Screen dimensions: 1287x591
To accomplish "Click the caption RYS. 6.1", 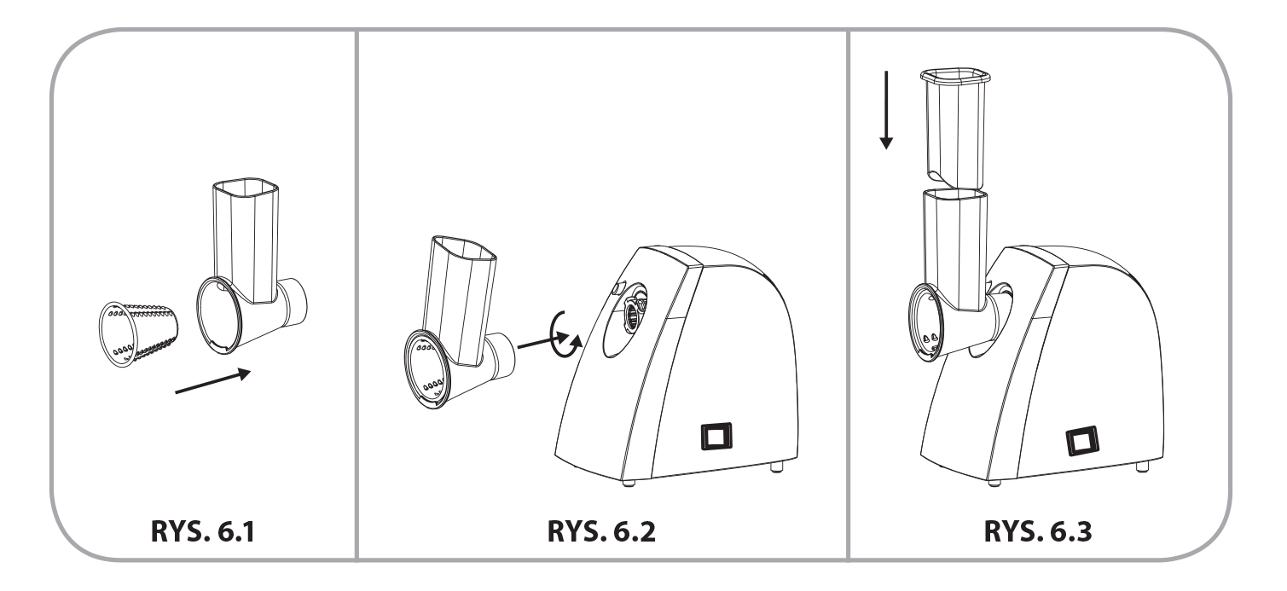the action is [202, 531].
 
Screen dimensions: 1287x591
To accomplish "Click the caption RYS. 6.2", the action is [601, 531].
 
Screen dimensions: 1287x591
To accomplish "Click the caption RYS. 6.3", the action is [1038, 531].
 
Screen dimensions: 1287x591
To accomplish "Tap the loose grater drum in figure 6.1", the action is [138, 333].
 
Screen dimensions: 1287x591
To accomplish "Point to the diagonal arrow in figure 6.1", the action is [213, 381].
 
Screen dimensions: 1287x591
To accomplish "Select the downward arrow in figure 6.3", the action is [886, 110].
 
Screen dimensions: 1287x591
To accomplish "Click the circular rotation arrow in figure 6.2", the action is [565, 336].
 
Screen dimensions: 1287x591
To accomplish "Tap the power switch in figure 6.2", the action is [717, 436].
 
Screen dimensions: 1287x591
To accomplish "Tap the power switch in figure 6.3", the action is [1082, 441].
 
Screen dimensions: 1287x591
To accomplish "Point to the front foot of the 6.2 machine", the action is [629, 483].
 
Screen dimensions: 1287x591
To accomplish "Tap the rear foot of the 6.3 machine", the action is [1142, 466].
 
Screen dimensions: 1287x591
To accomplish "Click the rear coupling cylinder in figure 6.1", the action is [293, 302].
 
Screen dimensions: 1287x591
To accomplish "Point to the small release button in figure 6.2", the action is [617, 288].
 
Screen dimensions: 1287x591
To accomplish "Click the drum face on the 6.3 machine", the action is [926, 322].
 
